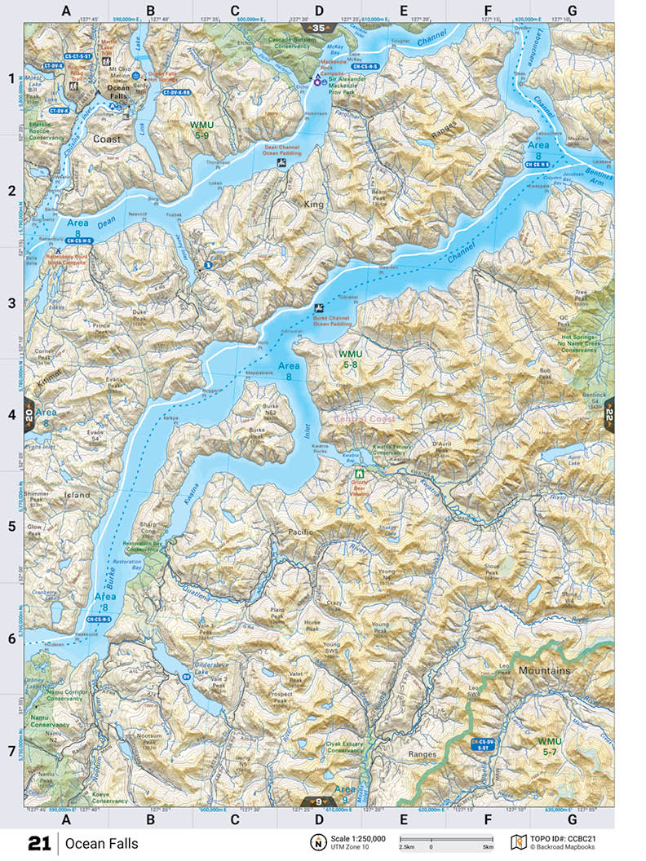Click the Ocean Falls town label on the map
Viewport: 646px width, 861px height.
[x=118, y=94]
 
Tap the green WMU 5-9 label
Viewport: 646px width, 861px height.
[x=201, y=128]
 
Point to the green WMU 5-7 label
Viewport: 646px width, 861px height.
[x=551, y=746]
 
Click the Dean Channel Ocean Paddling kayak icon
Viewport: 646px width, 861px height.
[x=281, y=164]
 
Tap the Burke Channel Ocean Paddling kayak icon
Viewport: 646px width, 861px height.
[x=320, y=308]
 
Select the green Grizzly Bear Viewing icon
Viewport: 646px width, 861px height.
[x=358, y=473]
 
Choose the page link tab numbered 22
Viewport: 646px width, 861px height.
[x=608, y=415]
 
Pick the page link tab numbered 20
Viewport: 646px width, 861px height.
[x=30, y=414]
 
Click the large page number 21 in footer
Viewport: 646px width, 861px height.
[x=40, y=843]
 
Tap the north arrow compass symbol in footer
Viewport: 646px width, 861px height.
[x=316, y=842]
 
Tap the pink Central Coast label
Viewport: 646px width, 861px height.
[x=364, y=419]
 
